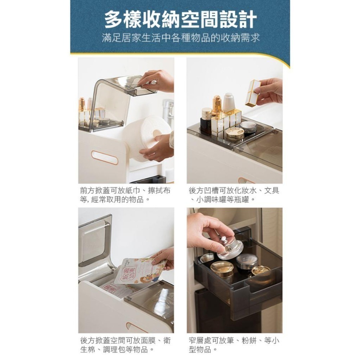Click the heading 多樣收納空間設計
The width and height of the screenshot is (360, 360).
point(180,20)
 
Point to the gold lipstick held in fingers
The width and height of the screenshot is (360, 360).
point(253,93)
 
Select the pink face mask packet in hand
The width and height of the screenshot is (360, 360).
point(139,270)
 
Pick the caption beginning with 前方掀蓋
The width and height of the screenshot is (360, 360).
point(125,195)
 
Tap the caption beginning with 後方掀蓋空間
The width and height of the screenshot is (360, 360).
point(125,345)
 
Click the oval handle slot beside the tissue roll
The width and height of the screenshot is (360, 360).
point(104,157)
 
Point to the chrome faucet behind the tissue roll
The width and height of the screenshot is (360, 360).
point(168,112)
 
